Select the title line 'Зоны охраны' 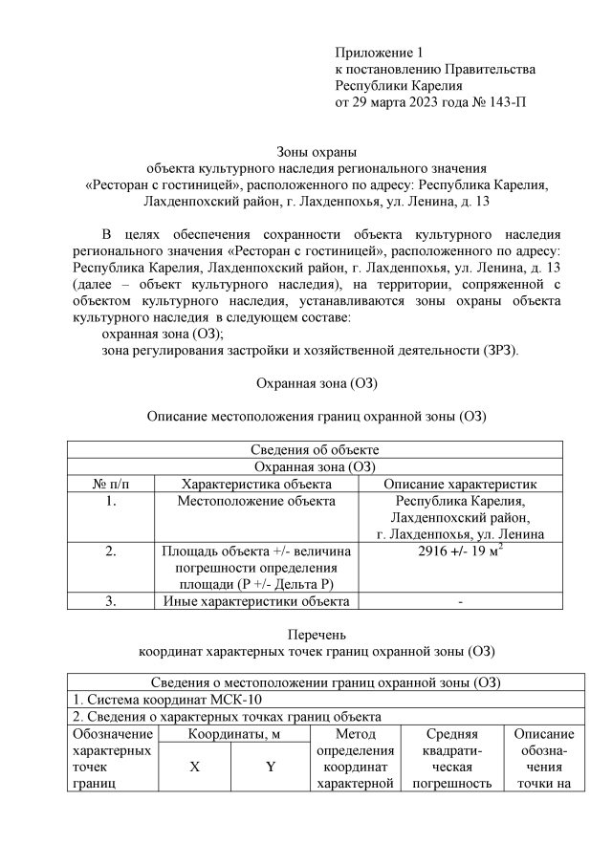click(316, 152)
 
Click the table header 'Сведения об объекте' click(315, 450)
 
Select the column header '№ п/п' click(110, 485)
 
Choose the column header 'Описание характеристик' click(461, 485)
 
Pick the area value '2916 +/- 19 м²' click(461, 551)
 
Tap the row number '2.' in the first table click(110, 551)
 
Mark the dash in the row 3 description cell click(461, 601)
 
